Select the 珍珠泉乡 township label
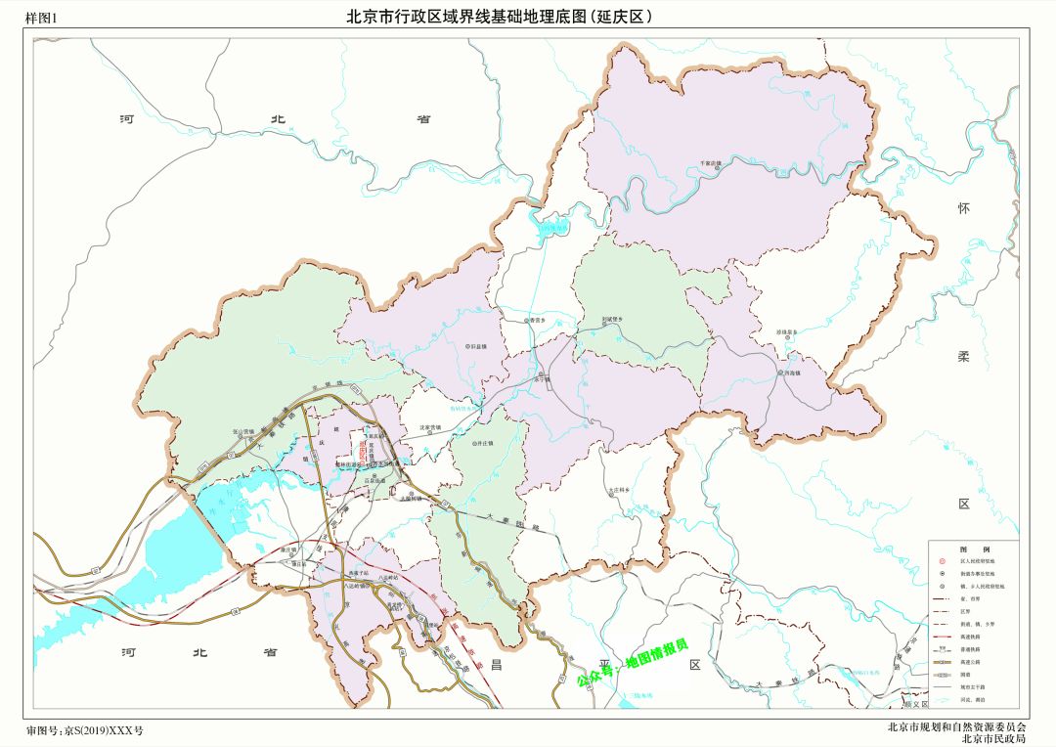(x=788, y=333)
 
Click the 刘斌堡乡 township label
(x=613, y=319)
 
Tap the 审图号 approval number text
(x=84, y=731)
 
